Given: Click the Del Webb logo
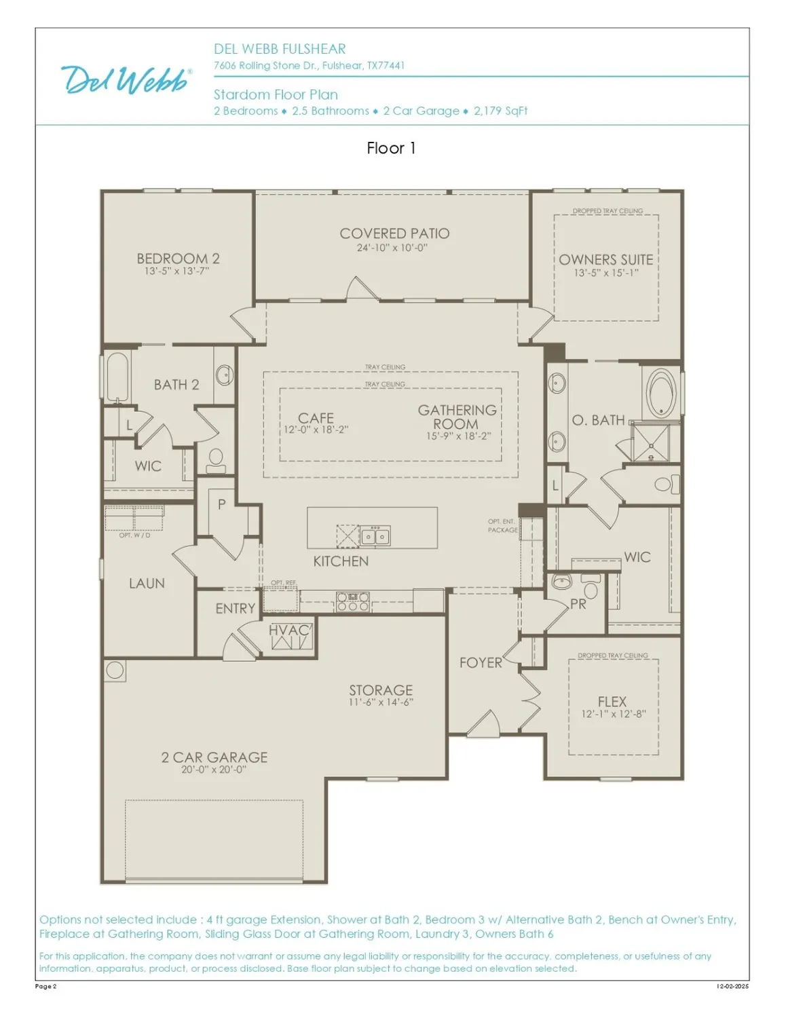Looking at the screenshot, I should [x=126, y=79].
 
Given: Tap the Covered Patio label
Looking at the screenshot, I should [x=394, y=233].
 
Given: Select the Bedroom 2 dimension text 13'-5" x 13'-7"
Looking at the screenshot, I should [x=176, y=271].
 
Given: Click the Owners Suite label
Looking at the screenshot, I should [x=605, y=260].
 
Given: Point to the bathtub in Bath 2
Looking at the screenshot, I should [x=117, y=378].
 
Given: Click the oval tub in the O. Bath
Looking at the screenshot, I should [x=660, y=392].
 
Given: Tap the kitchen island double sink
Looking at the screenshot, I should [x=375, y=537].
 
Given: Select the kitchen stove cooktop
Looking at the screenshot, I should [x=353, y=602].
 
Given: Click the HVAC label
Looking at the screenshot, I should [x=289, y=630].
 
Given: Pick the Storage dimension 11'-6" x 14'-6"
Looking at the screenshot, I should [x=381, y=702].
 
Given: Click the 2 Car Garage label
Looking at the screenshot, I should [x=214, y=757].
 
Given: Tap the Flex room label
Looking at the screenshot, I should [x=612, y=702].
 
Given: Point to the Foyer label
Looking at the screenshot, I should [x=481, y=662].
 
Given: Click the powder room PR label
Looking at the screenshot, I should [x=578, y=604].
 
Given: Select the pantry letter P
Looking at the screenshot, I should [x=221, y=504].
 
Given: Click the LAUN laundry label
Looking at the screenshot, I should [x=147, y=584].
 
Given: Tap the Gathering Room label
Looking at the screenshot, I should [x=457, y=417].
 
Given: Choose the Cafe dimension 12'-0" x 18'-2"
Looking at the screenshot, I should [x=316, y=430].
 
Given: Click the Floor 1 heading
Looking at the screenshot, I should [x=391, y=148].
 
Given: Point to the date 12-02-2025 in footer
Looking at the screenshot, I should [x=732, y=986].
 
